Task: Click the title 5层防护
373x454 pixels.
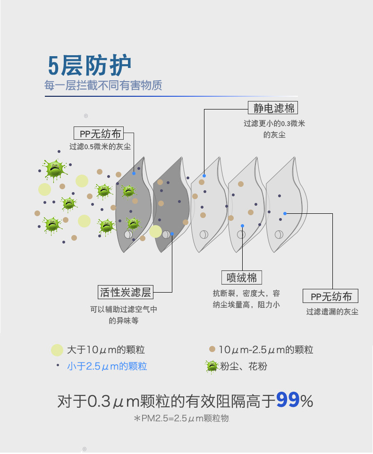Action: click(x=90, y=66)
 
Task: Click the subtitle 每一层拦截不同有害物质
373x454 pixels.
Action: click(x=103, y=85)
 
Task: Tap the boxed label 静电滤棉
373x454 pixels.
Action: click(x=273, y=108)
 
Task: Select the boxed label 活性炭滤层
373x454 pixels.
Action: click(x=126, y=292)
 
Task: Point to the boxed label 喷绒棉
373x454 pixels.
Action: click(x=242, y=277)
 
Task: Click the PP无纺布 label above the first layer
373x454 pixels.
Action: click(x=99, y=134)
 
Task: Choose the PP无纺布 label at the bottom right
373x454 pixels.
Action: click(x=331, y=296)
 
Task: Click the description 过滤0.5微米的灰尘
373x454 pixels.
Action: click(x=100, y=146)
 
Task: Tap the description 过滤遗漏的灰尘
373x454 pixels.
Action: click(x=332, y=311)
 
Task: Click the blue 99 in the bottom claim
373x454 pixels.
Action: click(x=288, y=400)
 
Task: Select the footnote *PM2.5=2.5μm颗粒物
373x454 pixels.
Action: click(x=182, y=419)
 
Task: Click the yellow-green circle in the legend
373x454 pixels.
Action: click(x=57, y=350)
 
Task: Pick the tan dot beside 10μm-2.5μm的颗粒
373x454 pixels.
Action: click(x=212, y=349)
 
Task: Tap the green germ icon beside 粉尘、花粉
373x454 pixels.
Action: click(x=212, y=367)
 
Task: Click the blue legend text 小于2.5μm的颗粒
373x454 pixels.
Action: click(x=107, y=366)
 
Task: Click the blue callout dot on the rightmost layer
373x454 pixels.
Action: click(x=285, y=214)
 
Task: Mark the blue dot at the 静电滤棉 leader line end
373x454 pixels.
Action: click(x=204, y=176)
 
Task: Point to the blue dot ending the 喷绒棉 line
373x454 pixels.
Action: click(x=242, y=226)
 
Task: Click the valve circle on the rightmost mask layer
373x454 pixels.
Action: click(x=279, y=234)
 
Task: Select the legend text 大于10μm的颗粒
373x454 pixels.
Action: click(x=106, y=350)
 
